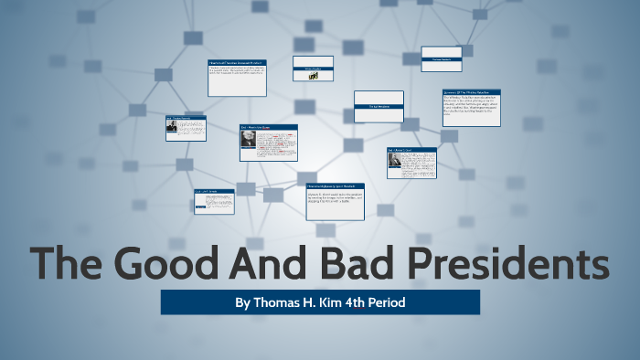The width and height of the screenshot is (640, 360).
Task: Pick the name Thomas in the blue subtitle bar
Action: [x=277, y=302]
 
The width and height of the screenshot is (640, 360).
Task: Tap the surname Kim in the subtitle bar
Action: [x=338, y=302]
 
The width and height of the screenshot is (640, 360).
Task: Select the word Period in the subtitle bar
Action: [x=406, y=302]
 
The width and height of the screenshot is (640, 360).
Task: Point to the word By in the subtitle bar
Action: [x=243, y=302]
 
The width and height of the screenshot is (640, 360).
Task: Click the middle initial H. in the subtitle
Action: [x=314, y=302]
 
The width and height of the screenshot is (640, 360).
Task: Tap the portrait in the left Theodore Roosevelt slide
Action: [x=172, y=128]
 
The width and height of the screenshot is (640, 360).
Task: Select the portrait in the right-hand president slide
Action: [x=395, y=161]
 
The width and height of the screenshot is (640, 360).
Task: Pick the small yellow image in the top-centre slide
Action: [x=312, y=77]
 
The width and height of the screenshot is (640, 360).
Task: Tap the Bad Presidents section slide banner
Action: [x=379, y=107]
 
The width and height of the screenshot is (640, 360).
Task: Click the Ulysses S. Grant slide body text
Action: [x=336, y=204]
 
